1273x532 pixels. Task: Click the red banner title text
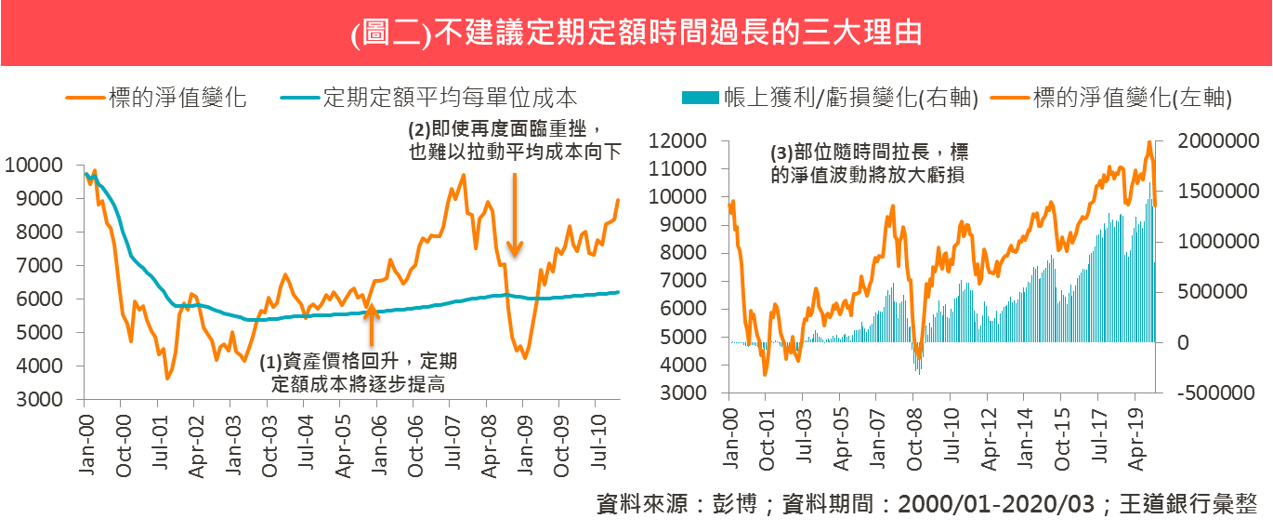(636, 33)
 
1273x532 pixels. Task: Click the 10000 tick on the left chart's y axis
(33, 166)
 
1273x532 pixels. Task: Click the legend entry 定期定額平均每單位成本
(449, 98)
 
